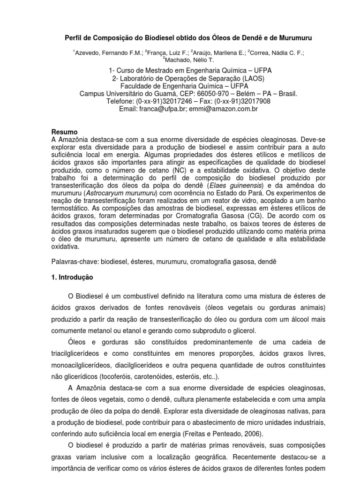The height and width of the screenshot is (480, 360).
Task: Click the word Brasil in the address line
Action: click(285, 93)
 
